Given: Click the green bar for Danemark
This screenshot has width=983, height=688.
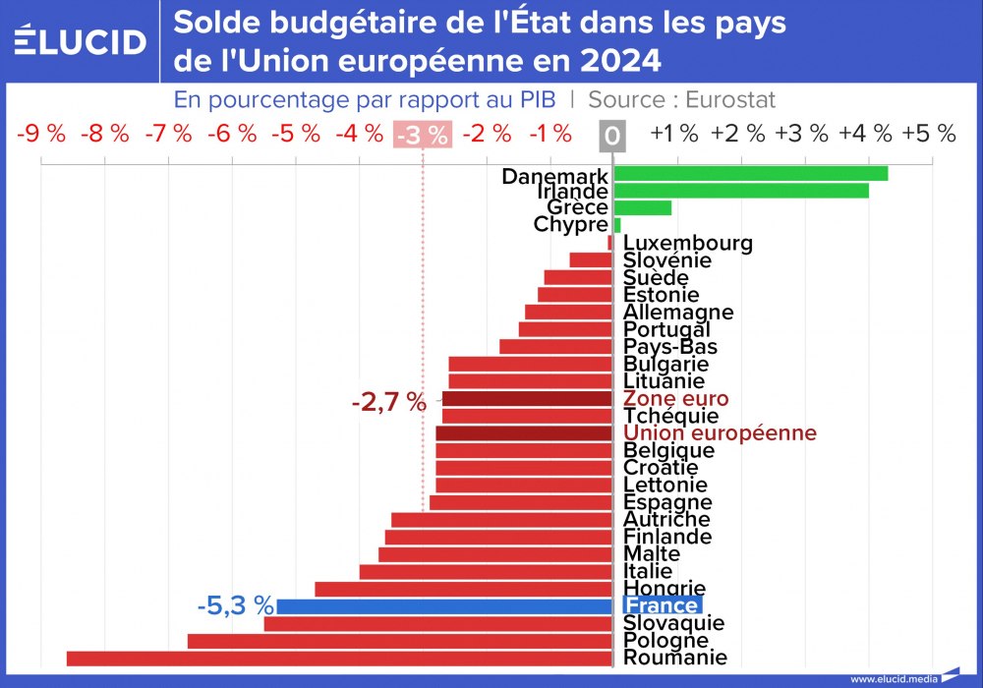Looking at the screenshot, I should [751, 173].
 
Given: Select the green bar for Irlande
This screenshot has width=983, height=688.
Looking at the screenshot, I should [741, 191].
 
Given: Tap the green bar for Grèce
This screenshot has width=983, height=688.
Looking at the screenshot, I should [643, 207].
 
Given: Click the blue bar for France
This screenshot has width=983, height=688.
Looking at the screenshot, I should [444, 606].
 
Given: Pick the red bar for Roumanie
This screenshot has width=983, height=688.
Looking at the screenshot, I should [339, 659].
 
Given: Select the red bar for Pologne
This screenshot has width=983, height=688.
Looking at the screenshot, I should [400, 641].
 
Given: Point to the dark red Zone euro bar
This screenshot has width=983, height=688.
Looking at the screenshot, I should [528, 399].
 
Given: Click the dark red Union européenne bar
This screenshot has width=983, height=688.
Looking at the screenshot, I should [524, 433].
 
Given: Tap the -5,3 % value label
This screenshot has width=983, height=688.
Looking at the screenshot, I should [235, 606].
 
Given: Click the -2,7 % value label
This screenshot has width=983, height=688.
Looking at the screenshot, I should [389, 401].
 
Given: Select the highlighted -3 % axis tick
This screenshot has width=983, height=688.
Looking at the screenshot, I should [422, 135].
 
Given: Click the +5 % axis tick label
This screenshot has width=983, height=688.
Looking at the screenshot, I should [929, 135].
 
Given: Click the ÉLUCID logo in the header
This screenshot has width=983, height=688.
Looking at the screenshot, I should [81, 41].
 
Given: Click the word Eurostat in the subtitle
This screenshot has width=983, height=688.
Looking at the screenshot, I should [729, 99].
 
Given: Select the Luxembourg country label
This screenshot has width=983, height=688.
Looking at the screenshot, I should [688, 243].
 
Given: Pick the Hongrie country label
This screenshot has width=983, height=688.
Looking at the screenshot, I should [665, 589].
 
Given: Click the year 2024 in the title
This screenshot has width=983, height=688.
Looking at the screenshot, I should [620, 61].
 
